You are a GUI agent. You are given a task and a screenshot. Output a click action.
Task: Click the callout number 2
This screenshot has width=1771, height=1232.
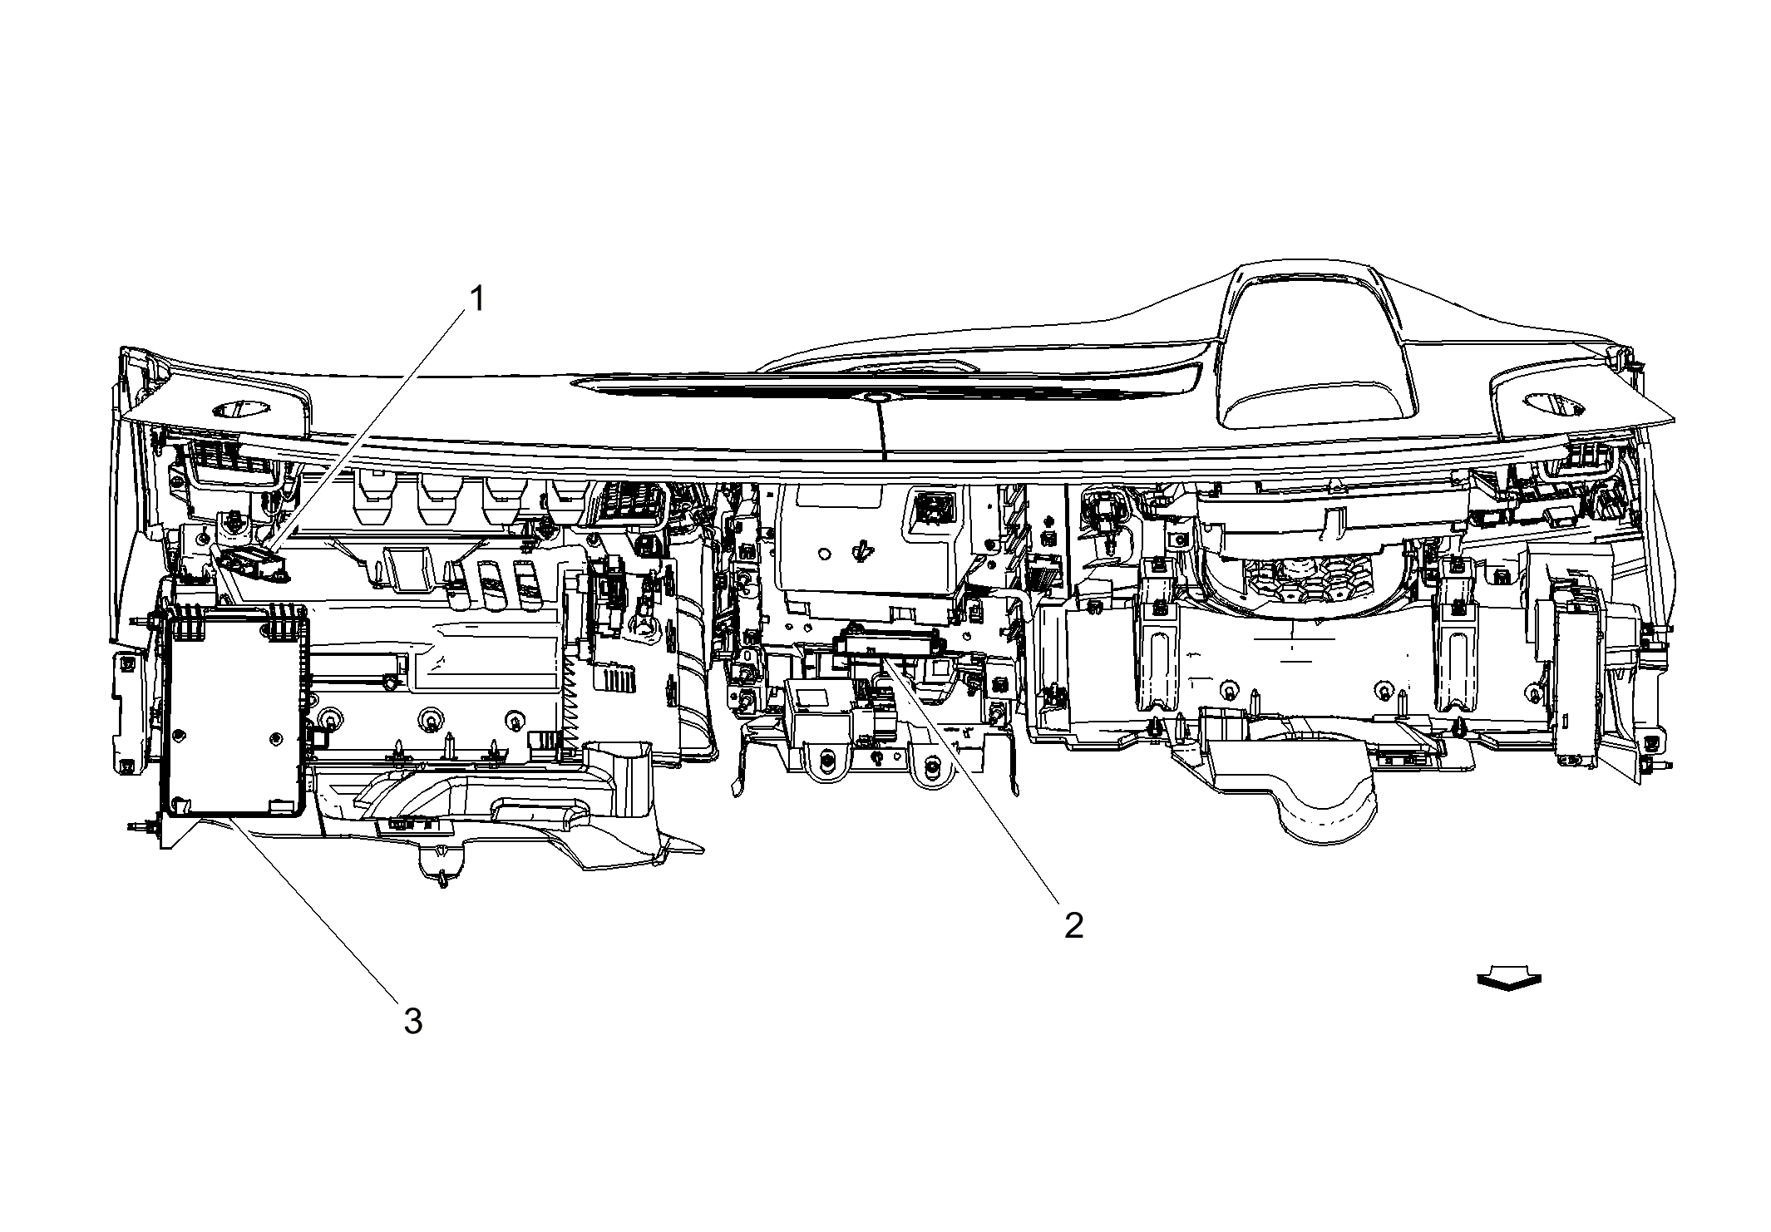pyautogui.click(x=1073, y=925)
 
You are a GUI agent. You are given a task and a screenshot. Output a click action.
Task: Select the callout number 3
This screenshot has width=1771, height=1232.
pyautogui.click(x=413, y=1022)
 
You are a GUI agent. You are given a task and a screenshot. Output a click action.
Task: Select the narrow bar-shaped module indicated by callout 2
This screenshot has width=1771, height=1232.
pyautogui.click(x=888, y=643)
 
